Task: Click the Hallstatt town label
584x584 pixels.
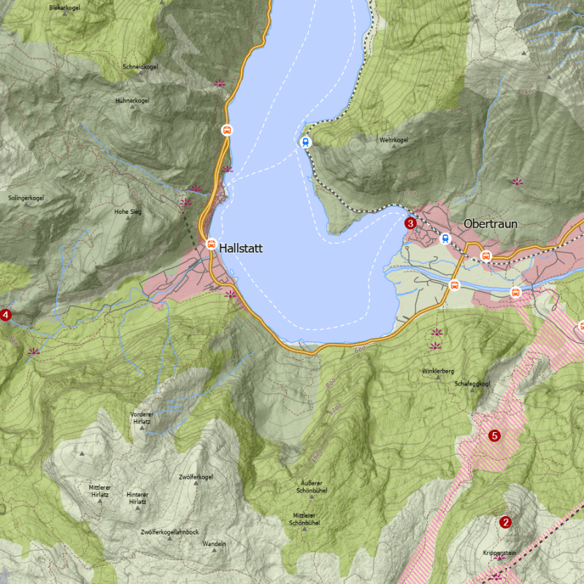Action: [x=240, y=248]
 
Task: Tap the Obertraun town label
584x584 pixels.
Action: [x=490, y=223]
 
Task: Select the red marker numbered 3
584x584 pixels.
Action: [x=410, y=223]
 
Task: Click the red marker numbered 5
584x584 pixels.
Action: [x=494, y=436]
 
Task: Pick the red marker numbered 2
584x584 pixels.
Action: [x=505, y=522]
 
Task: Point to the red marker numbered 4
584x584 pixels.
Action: [x=6, y=315]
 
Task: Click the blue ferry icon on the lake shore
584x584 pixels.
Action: [x=305, y=142]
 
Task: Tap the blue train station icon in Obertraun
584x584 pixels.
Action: [x=445, y=239]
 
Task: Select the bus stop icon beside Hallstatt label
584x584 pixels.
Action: [x=211, y=244]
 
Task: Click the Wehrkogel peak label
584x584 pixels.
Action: [x=393, y=139]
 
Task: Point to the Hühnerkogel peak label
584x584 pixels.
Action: [x=132, y=100]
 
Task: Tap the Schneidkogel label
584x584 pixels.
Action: [x=141, y=66]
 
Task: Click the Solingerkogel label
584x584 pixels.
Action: [x=26, y=198]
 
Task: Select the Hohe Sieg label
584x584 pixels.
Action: [x=128, y=211]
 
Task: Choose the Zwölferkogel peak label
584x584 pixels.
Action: [x=196, y=477]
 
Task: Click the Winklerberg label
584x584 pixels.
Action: [x=437, y=371]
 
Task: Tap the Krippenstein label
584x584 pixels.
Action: [x=499, y=553]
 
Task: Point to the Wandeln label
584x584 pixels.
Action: [x=214, y=544]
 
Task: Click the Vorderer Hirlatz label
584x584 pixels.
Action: [x=141, y=418]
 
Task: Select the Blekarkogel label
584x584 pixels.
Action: [x=64, y=7]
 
